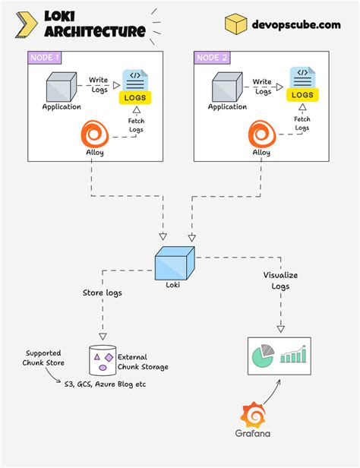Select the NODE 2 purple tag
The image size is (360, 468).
click(213, 57)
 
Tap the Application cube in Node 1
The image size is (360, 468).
click(62, 85)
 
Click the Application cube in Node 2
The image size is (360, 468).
click(228, 85)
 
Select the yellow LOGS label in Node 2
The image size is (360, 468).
click(302, 95)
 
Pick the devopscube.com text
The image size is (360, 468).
click(298, 24)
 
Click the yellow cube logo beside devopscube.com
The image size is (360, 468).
click(235, 23)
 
